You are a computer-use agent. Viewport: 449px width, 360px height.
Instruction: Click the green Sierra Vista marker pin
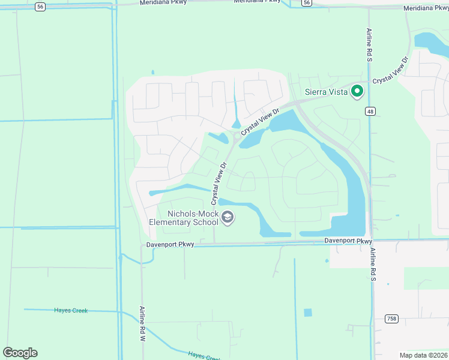357,91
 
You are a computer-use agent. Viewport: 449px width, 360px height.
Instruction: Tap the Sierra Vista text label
325,92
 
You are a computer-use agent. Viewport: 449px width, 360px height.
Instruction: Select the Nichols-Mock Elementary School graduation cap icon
227,217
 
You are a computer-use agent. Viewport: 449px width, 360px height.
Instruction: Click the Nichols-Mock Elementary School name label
185,218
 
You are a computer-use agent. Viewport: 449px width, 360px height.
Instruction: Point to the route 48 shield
370,111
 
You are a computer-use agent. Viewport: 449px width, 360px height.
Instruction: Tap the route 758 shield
391,319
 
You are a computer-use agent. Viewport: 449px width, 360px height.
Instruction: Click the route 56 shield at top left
40,6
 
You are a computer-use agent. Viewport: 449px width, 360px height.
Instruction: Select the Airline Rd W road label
143,323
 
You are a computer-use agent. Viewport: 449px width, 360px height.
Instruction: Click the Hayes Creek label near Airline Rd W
71,310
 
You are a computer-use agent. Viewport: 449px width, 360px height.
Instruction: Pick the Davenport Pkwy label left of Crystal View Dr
170,245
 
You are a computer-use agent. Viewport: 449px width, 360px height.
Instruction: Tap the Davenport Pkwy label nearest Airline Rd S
349,241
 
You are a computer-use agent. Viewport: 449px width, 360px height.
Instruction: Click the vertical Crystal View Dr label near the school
217,183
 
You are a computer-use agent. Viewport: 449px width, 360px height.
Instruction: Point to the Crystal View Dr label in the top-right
390,71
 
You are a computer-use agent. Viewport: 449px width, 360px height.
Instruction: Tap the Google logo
20,353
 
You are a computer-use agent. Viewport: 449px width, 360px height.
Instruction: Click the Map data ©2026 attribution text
424,355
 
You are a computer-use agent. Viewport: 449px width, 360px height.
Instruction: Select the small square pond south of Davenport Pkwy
308,313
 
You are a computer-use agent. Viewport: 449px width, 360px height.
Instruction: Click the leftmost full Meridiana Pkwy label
163,2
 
